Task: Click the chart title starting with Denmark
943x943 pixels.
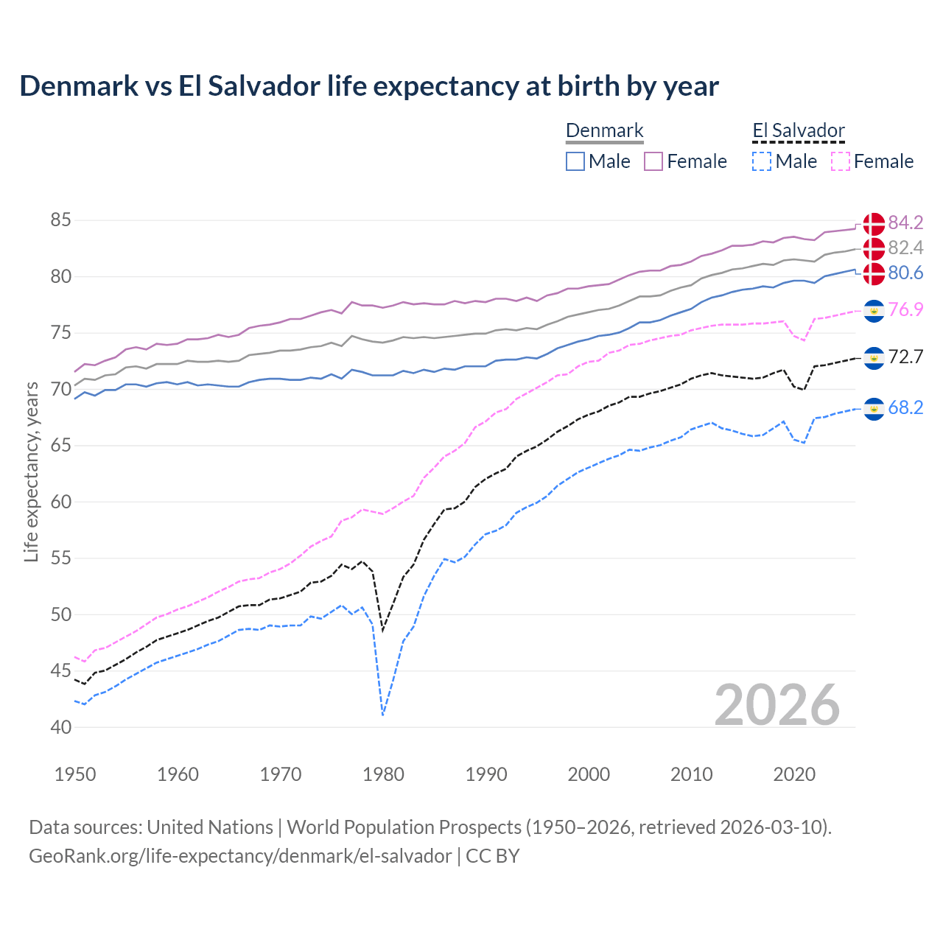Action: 369,86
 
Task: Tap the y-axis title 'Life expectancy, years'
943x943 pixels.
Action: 31,472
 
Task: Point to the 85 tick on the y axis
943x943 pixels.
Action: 61,220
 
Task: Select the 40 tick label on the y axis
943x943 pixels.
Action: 61,727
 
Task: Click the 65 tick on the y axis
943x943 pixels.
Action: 61,446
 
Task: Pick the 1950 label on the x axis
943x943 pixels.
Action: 75,774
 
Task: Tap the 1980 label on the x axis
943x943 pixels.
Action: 384,774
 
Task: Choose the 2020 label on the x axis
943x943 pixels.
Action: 794,774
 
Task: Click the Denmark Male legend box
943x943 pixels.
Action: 575,161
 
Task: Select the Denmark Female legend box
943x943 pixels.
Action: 653,161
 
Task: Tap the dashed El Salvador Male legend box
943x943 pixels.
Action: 762,161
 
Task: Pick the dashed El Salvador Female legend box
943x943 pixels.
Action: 841,161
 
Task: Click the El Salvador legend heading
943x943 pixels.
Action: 799,131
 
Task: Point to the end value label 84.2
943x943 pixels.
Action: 905,222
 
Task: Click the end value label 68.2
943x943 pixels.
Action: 905,408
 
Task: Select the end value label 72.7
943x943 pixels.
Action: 905,357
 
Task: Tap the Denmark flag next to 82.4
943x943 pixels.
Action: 874,248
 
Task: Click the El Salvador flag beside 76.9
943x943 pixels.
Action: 874,310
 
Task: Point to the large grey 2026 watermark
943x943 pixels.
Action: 777,705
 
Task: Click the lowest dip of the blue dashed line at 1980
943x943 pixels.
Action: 383,715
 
